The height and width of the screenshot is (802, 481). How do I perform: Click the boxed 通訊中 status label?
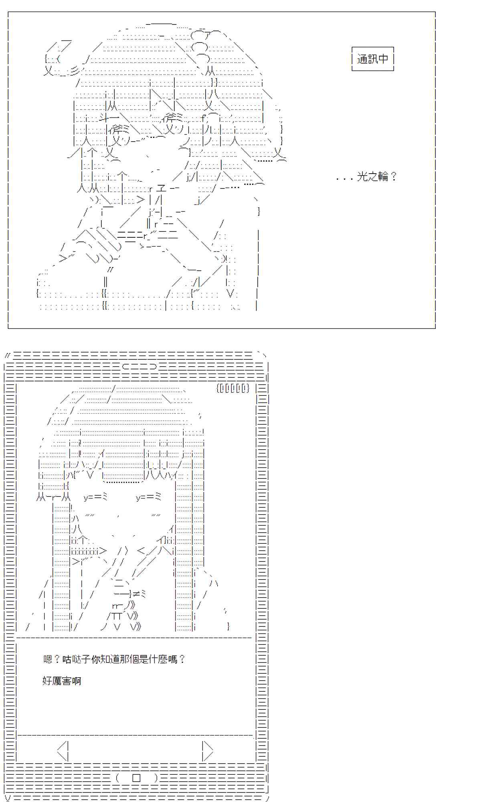(x=373, y=59)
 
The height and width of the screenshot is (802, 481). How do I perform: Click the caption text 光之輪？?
(x=377, y=176)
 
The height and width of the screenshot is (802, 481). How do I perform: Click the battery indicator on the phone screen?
(x=233, y=388)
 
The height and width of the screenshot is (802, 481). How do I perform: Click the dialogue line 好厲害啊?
(x=62, y=681)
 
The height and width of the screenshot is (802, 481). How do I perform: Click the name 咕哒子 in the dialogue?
(x=76, y=659)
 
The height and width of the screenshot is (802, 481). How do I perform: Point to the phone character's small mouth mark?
(x=119, y=516)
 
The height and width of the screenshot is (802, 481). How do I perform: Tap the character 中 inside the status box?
(x=383, y=59)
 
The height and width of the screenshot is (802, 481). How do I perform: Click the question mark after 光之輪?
(x=393, y=176)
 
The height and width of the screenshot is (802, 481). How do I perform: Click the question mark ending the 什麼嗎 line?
(x=182, y=659)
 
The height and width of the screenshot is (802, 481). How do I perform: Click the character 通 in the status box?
(x=362, y=59)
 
